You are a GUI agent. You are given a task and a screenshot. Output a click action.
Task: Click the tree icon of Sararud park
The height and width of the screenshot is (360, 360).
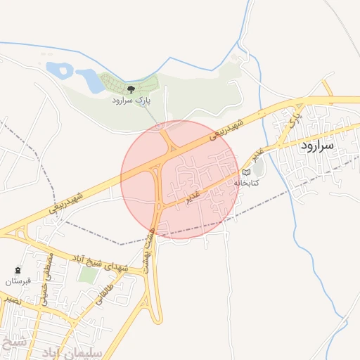131,89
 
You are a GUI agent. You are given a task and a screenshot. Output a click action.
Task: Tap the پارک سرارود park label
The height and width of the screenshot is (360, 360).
131,101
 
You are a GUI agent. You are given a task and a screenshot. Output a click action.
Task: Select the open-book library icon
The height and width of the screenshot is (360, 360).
246,171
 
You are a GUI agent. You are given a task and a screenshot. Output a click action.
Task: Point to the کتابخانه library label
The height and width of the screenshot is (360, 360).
246,182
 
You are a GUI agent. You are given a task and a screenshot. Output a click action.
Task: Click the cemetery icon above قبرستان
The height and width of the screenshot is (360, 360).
18,270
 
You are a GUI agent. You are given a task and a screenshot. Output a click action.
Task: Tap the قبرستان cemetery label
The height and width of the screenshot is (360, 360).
19,281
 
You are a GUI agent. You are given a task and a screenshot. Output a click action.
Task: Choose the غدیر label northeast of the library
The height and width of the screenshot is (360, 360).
259,155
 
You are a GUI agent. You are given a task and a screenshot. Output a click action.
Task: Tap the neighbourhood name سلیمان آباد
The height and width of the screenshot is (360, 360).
79,350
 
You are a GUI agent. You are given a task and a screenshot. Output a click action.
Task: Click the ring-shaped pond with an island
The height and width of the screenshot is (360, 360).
59,69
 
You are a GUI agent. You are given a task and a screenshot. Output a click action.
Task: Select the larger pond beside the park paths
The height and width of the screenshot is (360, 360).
91,79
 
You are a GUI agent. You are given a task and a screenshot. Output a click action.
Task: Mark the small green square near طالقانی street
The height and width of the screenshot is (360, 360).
87,274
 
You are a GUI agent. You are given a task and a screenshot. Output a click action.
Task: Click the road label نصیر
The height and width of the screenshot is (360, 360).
11,300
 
